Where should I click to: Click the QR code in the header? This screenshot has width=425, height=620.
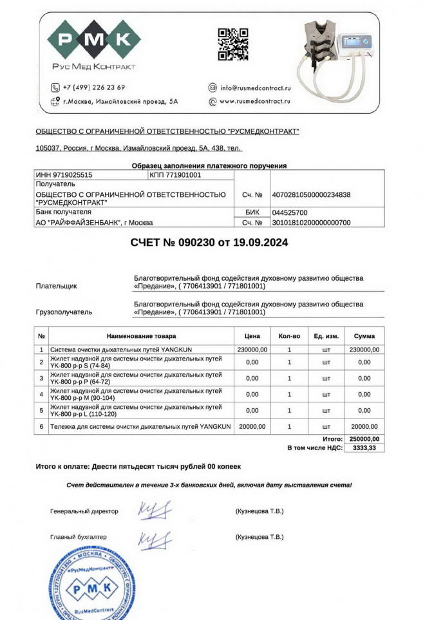(232, 45)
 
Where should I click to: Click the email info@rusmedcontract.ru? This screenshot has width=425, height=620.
(256, 88)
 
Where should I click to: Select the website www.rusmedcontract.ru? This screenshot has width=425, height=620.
(255, 101)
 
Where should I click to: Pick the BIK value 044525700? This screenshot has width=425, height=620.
(290, 212)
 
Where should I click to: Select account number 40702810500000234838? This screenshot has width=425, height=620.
(312, 194)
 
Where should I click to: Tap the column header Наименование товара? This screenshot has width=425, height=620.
(141, 336)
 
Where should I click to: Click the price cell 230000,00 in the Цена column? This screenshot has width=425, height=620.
(252, 350)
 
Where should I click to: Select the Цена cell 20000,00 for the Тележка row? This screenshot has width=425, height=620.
(252, 426)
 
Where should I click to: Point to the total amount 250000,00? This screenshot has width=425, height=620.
(364, 439)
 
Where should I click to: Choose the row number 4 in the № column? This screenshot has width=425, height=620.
(41, 394)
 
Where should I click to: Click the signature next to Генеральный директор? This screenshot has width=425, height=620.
(155, 511)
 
